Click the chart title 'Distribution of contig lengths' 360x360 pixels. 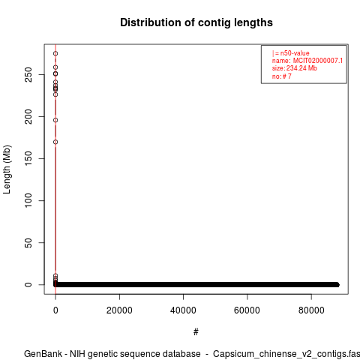[x=196, y=22]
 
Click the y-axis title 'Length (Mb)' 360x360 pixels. [x=7, y=169]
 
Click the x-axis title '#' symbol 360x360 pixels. [x=196, y=332]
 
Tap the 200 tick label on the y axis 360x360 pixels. [x=28, y=116]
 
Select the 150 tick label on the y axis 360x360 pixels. [x=28, y=158]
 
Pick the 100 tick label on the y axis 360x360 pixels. [x=28, y=200]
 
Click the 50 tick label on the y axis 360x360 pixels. [x=28, y=242]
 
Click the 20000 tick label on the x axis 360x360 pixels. [x=119, y=310]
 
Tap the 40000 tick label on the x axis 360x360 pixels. [x=183, y=310]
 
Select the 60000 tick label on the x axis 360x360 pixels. [x=247, y=310]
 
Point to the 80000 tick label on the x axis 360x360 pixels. [x=311, y=310]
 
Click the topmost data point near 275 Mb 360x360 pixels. [x=55, y=53]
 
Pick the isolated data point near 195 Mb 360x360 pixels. [x=55, y=120]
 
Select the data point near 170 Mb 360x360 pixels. [x=55, y=142]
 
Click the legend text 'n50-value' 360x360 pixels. [x=295, y=53]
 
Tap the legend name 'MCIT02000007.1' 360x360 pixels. [x=318, y=61]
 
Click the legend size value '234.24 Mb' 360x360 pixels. [x=301, y=68]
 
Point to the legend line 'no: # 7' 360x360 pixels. [x=282, y=76]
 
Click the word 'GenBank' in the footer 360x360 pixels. [x=43, y=354]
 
